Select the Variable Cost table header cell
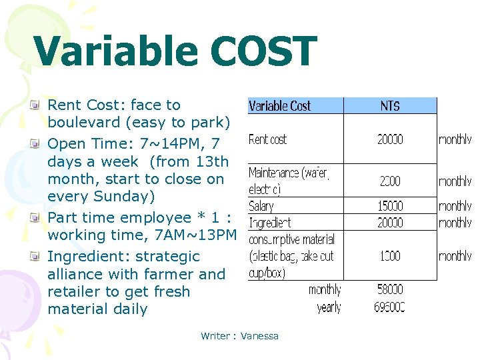279,106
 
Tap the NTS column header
390,106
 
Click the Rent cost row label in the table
267,139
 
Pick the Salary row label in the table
261,206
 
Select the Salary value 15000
390,206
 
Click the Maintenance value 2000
390,181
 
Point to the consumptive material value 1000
390,256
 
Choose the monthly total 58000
390,290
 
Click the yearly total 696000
390,307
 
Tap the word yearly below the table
329,307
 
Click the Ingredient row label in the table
269,223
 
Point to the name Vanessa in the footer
259,336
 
